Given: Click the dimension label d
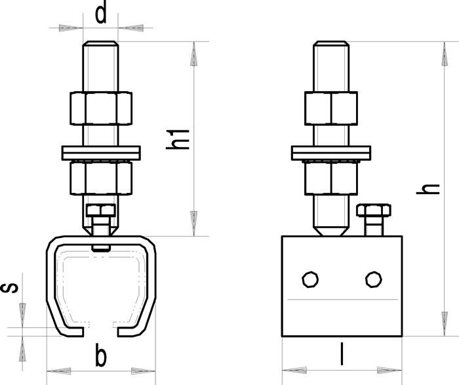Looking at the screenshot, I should [101, 14].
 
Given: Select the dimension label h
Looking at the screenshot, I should [429, 187].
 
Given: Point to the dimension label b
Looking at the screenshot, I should [100, 357].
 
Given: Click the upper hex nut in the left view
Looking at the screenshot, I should [101, 107].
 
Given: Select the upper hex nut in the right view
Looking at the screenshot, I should [331, 107].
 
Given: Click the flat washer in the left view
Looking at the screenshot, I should [101, 152].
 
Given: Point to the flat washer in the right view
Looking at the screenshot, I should [331, 152].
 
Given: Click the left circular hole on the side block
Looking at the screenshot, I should [308, 280].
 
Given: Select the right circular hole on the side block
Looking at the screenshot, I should [374, 280].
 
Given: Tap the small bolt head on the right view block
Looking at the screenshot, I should [374, 211].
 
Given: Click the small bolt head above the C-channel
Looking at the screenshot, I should [101, 211].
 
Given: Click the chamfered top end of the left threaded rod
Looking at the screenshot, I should [101, 44].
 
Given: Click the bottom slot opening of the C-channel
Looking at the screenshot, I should [101, 326].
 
